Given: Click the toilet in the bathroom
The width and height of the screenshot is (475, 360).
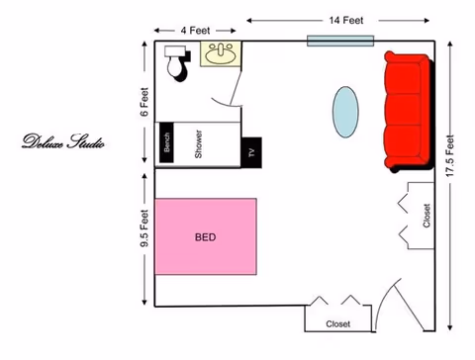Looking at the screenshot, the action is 177,62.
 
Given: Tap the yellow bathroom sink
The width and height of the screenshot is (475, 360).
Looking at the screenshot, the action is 221,54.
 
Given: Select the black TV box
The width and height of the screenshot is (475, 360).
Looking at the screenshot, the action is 251,152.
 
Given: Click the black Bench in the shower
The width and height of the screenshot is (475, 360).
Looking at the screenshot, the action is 166,142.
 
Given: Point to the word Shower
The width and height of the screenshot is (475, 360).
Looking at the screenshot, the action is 198,144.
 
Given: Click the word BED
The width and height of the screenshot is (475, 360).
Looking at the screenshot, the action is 205,237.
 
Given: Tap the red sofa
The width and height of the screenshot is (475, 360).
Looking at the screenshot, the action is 409,112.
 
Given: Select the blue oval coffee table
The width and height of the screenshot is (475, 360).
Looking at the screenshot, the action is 345,112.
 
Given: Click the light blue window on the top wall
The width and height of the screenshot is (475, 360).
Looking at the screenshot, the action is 340,41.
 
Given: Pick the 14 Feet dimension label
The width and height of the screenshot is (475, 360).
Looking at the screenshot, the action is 346,21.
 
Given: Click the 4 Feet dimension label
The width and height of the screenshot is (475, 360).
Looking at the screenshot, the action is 195,31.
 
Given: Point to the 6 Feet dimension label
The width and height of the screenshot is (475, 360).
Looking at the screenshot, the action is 144,102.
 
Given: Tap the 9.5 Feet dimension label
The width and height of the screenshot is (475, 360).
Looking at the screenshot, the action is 144,228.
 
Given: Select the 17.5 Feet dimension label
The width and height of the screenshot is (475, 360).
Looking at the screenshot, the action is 450,155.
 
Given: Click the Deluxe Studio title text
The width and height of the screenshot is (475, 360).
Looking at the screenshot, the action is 63,141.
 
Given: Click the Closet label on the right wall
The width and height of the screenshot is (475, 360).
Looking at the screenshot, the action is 427,216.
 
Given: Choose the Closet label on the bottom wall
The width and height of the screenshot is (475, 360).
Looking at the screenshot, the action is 338,324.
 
